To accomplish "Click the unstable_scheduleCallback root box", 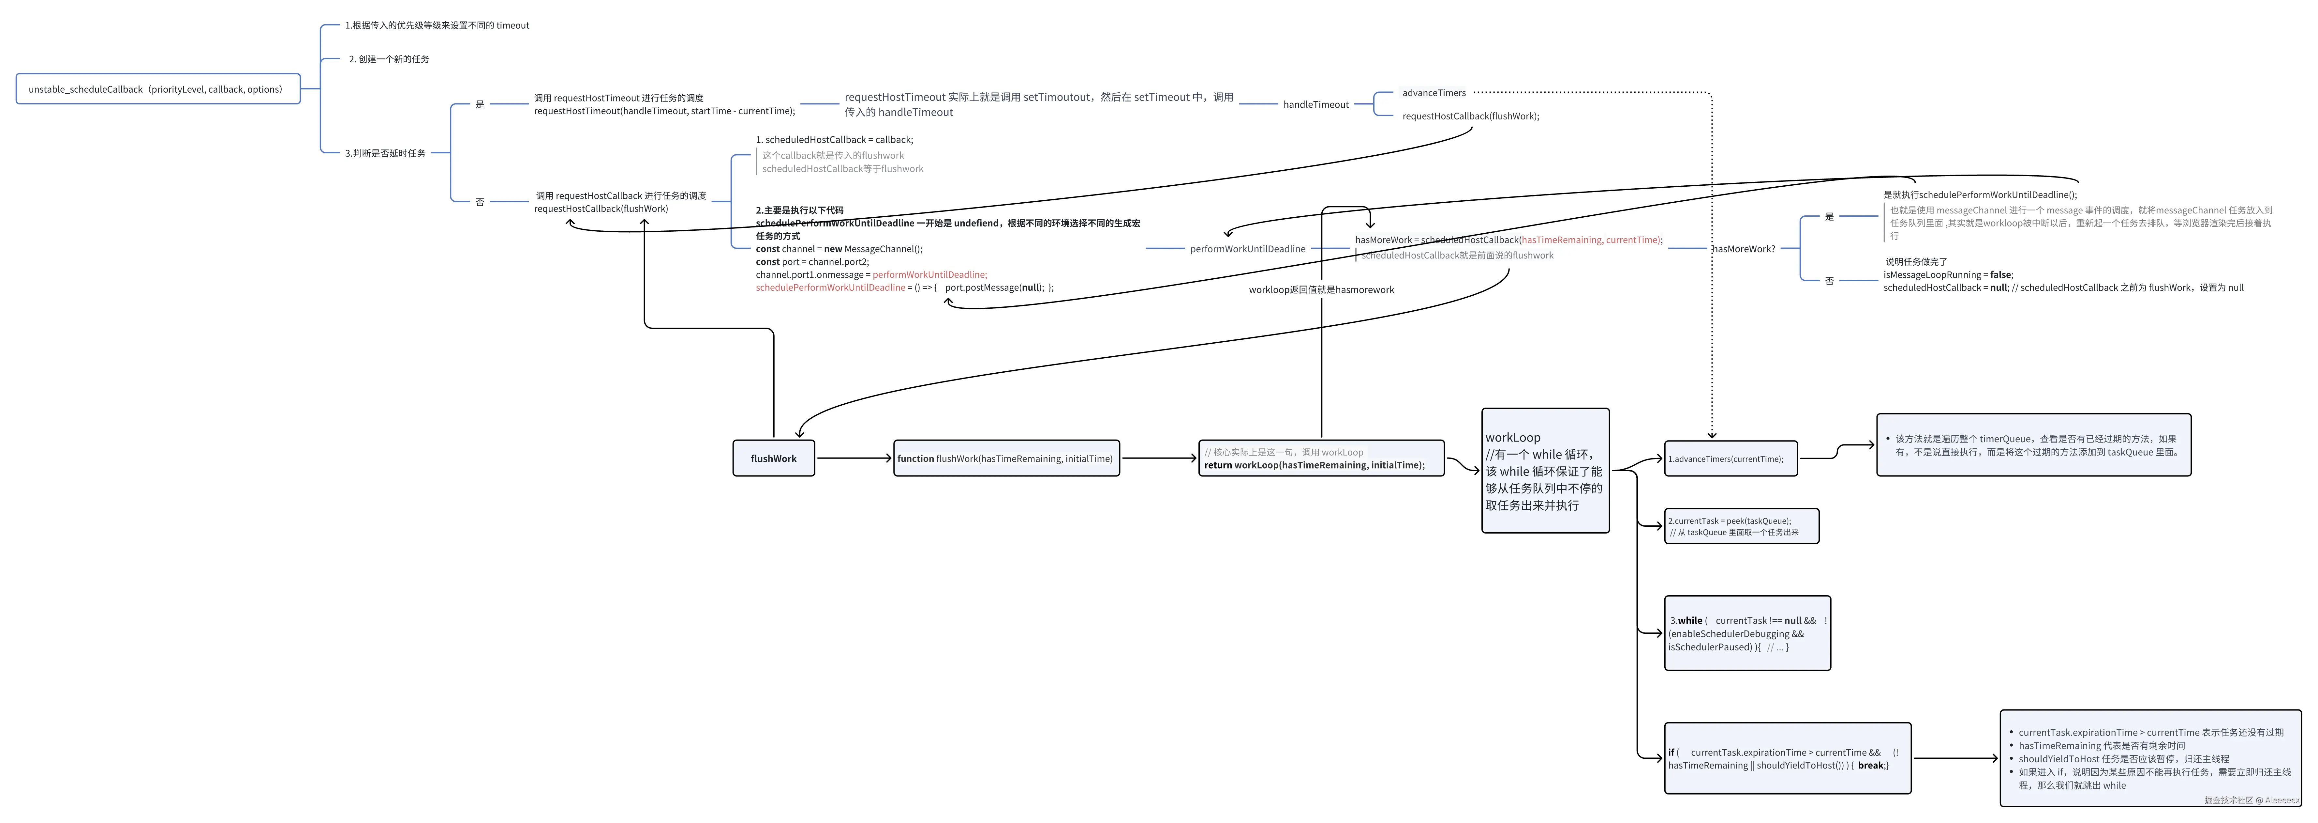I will [x=157, y=89].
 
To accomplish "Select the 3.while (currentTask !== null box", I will [x=1746, y=633].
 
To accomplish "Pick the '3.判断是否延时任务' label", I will [x=385, y=153].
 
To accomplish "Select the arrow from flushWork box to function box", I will [x=853, y=458].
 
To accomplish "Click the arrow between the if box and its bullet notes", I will [x=1954, y=758].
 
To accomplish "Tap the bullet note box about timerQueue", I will [x=2033, y=445].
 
